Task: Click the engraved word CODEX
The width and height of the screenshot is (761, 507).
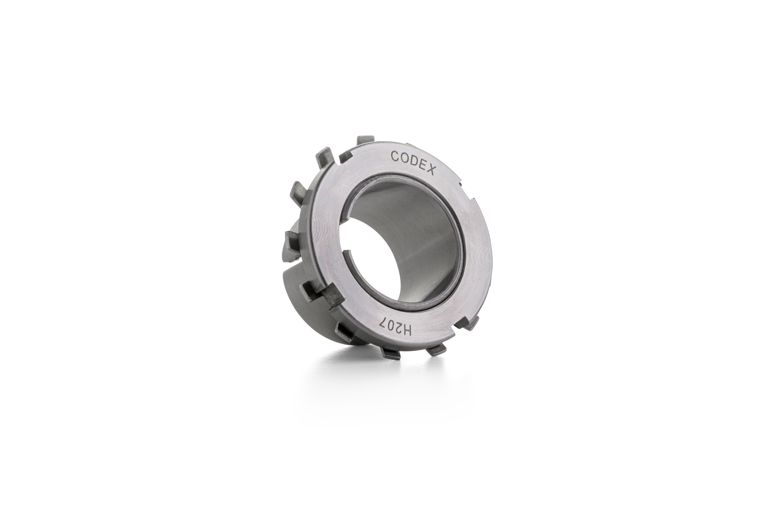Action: (413, 162)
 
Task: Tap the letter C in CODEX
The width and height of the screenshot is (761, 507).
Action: (395, 156)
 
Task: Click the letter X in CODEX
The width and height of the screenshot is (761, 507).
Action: (430, 170)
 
